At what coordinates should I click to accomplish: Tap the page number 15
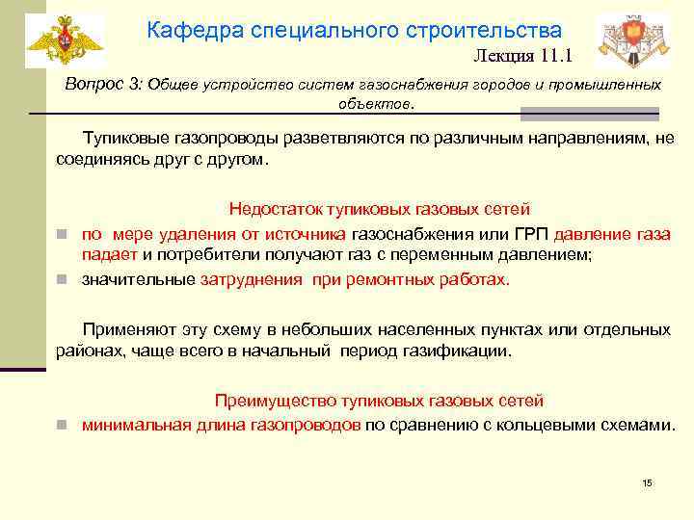[647, 482]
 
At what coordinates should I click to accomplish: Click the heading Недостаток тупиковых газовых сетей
[379, 209]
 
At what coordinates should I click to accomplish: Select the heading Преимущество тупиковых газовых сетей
[379, 400]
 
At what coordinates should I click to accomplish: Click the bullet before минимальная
[60, 424]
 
